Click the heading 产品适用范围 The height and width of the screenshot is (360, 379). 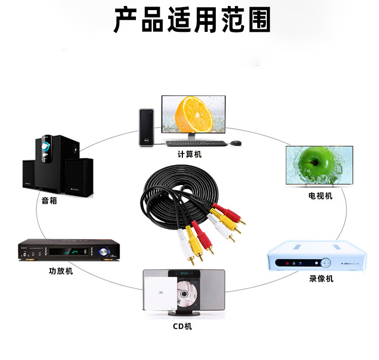coord(192,20)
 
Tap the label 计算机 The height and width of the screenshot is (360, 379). coord(189,154)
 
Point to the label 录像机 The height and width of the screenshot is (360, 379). coord(321,279)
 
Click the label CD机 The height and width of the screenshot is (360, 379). coord(182,326)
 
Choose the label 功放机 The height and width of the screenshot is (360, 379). coord(61,271)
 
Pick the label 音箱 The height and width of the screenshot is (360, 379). coord(50,201)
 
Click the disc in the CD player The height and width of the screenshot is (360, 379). coord(186,296)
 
